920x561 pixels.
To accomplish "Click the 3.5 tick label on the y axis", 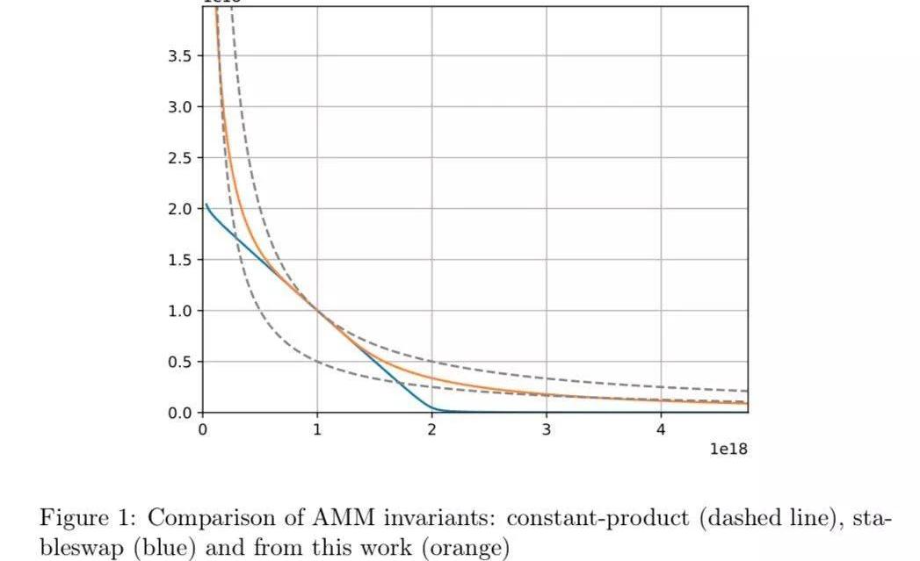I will (x=179, y=56).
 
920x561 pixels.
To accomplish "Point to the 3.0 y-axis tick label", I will (x=179, y=107).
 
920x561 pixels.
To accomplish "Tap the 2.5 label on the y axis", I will (x=179, y=158).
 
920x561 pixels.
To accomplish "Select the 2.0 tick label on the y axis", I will (x=179, y=209).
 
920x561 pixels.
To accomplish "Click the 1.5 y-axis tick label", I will (x=179, y=260).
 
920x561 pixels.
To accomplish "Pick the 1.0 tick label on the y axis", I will (x=179, y=311).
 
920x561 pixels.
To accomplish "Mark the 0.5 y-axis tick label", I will (x=179, y=362).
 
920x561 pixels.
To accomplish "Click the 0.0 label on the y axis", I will (x=179, y=413).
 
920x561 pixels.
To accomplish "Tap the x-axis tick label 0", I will (x=203, y=429).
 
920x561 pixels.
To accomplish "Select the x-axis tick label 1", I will (x=317, y=429).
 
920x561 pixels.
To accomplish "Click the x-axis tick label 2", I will (x=431, y=429).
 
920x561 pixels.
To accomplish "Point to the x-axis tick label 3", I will (x=547, y=429).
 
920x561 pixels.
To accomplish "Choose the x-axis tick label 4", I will (x=661, y=429).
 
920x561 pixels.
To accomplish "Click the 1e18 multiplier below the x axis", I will (x=728, y=449).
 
